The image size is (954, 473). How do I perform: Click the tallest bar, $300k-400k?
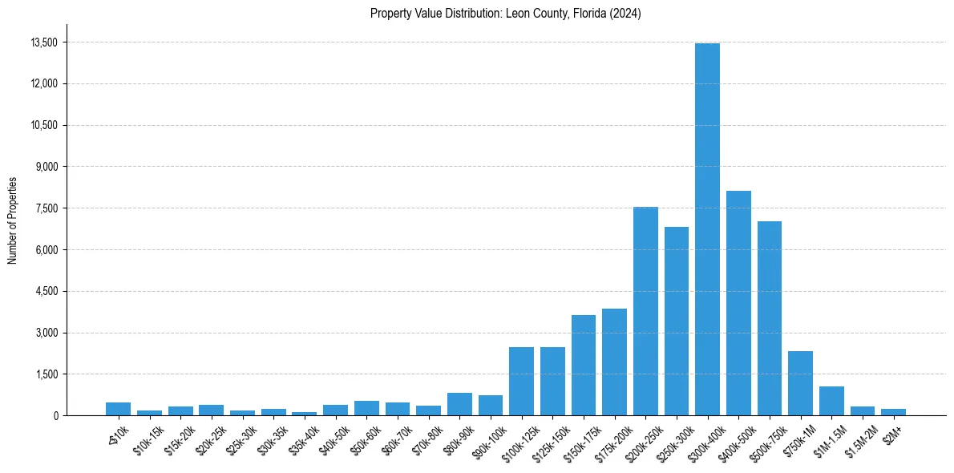pyautogui.click(x=707, y=229)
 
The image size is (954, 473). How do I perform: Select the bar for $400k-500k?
pyautogui.click(x=738, y=303)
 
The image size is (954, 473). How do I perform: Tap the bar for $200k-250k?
pyautogui.click(x=645, y=311)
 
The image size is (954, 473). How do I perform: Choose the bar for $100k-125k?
pyautogui.click(x=521, y=382)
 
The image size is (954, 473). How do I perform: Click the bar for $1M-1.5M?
pyautogui.click(x=831, y=401)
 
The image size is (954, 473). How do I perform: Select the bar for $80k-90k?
pyautogui.click(x=459, y=404)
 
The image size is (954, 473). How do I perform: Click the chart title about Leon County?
pyautogui.click(x=505, y=14)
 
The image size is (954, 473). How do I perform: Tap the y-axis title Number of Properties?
pyautogui.click(x=13, y=220)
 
